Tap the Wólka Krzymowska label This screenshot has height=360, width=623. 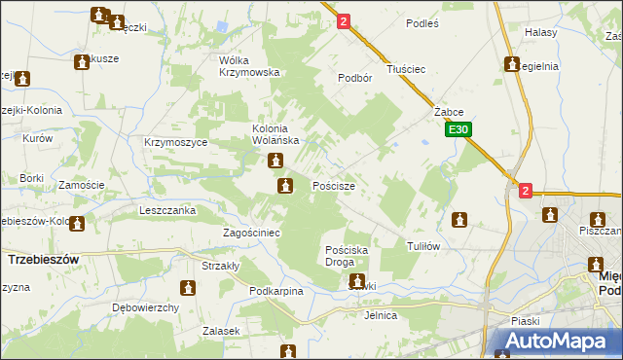click(249, 66)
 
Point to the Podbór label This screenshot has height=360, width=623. click(356, 78)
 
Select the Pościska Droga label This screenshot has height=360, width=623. click(346, 256)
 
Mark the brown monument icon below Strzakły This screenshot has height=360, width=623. click(188, 288)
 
